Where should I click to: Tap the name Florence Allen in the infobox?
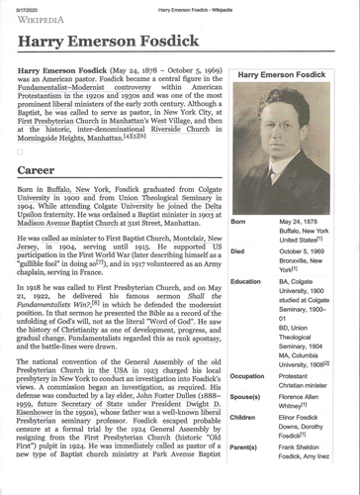(304, 396)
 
